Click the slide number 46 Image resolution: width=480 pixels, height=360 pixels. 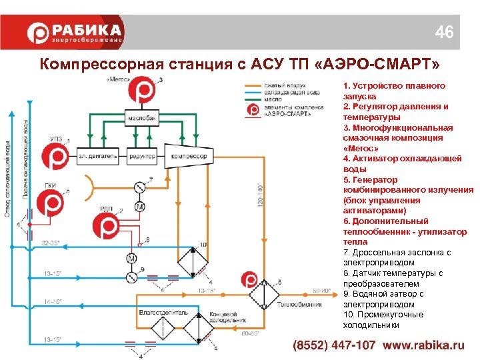coord(445,32)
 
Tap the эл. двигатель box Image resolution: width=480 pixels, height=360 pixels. coord(97,157)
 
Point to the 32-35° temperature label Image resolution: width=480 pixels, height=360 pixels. coord(51,243)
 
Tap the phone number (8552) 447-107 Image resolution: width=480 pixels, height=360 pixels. coord(334,346)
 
